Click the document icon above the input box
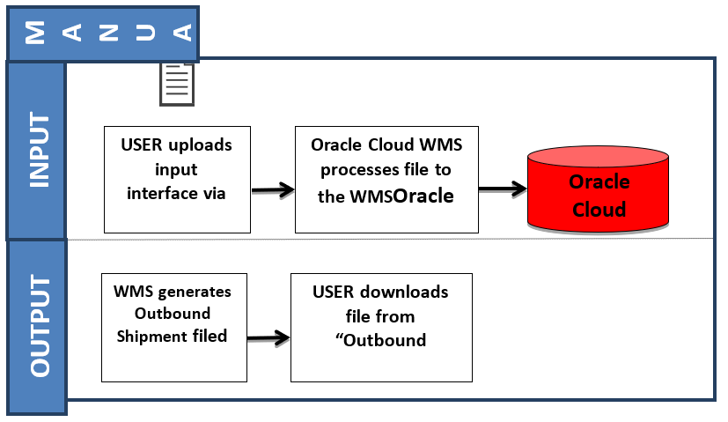click(177, 85)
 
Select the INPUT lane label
click(36, 149)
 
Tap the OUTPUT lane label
click(36, 327)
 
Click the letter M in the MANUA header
click(35, 33)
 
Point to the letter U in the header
click(145, 33)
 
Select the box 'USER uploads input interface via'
click(176, 179)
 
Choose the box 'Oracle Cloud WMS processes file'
click(386, 179)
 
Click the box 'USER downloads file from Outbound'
click(380, 327)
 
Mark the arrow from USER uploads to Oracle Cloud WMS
click(272, 189)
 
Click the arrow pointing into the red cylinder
click(502, 189)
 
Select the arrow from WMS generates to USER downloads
click(268, 337)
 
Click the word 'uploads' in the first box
click(204, 144)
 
